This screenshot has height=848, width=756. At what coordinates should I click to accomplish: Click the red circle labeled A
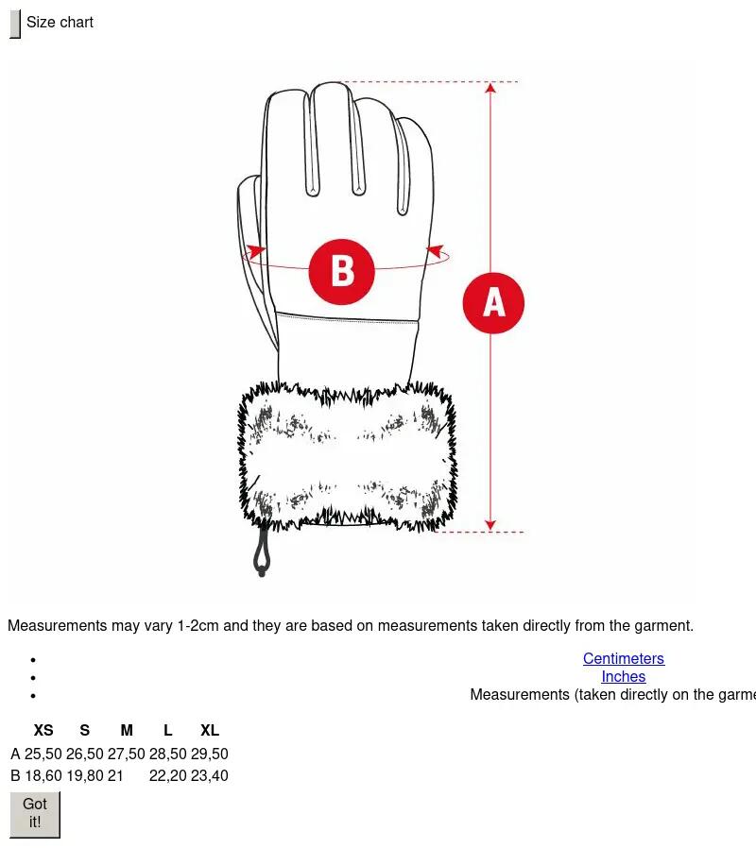pos(493,303)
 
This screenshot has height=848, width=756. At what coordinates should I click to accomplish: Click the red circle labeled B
pos(341,271)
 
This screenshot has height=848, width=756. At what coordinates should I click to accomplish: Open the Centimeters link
pos(624,658)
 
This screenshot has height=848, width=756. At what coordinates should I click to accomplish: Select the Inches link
pos(624,676)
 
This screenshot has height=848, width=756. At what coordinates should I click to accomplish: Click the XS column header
pos(43,730)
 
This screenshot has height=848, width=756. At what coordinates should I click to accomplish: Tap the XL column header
pos(210,730)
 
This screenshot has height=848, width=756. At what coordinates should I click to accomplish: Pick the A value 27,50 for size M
pos(126,754)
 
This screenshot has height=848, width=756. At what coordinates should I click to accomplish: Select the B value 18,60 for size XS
pos(43,775)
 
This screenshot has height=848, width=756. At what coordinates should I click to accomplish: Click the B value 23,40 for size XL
pos(210,775)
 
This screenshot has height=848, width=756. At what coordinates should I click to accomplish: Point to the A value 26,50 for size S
pos(84,754)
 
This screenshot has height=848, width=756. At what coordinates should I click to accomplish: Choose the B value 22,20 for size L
pos(168,775)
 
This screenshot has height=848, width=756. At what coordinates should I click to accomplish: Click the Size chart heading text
pos(60,22)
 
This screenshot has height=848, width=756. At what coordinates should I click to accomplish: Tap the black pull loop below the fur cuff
pos(262,551)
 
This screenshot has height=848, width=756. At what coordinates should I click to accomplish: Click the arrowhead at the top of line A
pos(490,88)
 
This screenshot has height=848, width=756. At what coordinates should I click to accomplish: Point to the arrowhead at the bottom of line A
pos(490,525)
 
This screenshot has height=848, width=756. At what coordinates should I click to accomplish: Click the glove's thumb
pos(253,254)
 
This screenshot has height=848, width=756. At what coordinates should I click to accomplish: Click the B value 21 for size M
pos(115,775)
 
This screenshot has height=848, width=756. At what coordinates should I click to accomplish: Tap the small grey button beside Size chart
pos(15,24)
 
